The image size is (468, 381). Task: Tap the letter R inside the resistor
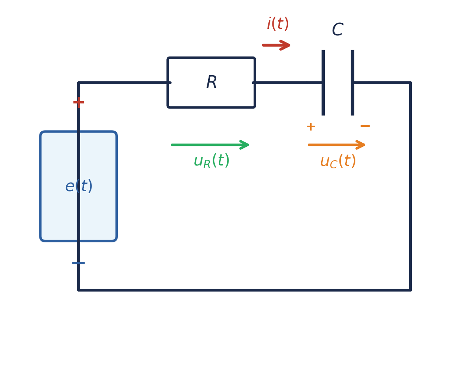(x=211, y=83)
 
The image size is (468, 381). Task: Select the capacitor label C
(x=337, y=30)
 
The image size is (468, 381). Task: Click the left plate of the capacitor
(x=323, y=83)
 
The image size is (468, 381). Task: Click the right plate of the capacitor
(x=353, y=83)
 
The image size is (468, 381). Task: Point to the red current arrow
(x=276, y=45)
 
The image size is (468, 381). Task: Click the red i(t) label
(x=278, y=24)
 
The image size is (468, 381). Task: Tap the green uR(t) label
(x=211, y=161)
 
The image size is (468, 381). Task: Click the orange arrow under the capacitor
(x=337, y=145)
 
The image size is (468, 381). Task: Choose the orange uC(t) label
(x=337, y=161)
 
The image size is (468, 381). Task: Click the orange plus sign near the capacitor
(x=311, y=127)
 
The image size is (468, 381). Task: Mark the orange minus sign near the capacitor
(x=365, y=126)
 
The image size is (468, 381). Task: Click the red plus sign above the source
(x=78, y=102)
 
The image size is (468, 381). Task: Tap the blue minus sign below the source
(x=78, y=263)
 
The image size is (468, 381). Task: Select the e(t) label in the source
(x=78, y=186)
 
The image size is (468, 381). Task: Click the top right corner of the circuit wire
(x=410, y=83)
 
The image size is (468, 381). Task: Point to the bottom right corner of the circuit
(x=410, y=290)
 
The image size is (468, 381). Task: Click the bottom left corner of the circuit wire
(x=78, y=290)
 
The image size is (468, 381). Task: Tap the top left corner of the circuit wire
(x=78, y=83)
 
